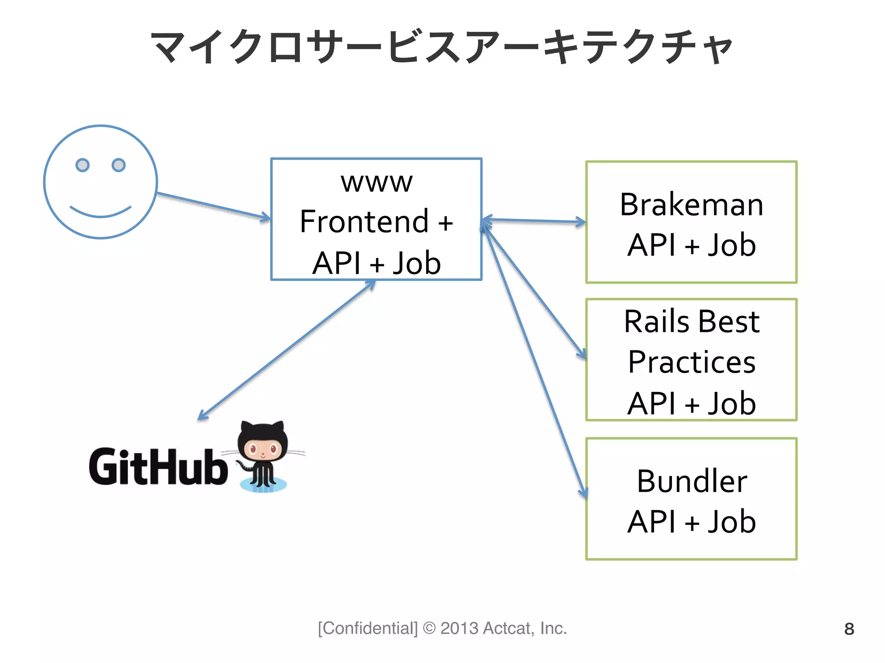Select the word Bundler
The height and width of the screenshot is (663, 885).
[x=691, y=481]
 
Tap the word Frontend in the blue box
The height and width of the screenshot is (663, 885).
[x=364, y=222]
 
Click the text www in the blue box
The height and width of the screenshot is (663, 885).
[x=376, y=183]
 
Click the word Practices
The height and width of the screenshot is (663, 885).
[x=691, y=362]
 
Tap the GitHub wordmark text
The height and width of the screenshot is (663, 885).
[x=158, y=467]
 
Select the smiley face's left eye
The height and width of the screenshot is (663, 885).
[x=83, y=165]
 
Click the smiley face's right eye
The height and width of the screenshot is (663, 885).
[x=118, y=165]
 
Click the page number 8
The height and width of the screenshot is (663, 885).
[x=849, y=629]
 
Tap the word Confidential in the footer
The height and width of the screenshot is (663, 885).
[x=368, y=628]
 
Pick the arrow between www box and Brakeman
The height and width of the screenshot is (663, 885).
[x=534, y=221]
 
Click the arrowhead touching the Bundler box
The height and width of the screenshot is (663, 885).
[x=583, y=492]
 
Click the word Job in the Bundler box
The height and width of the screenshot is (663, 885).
[x=731, y=522]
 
